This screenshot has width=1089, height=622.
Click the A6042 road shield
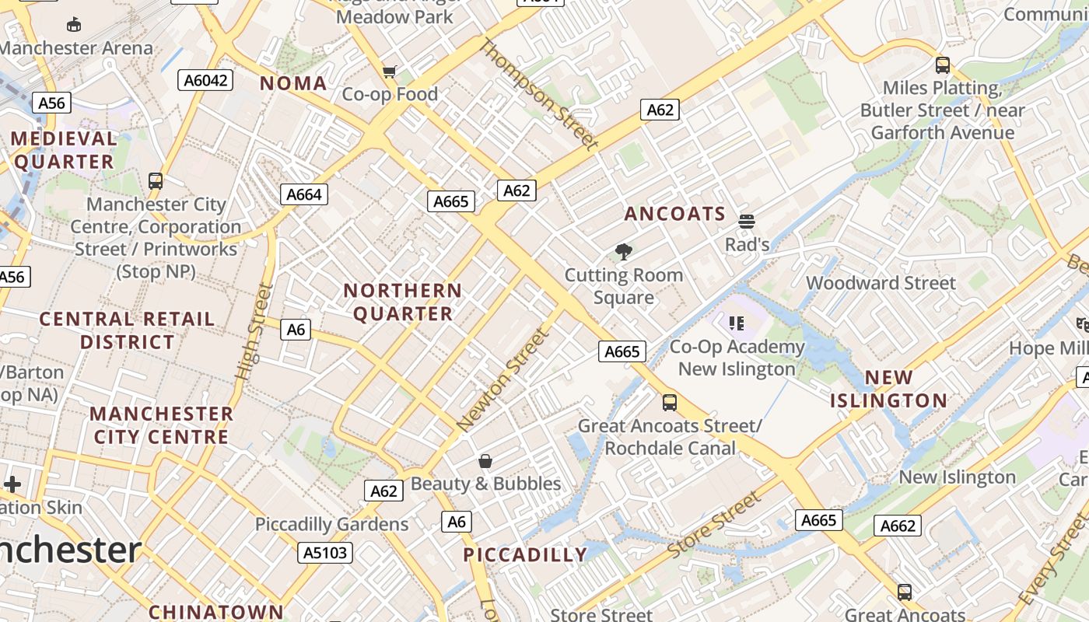click(x=205, y=80)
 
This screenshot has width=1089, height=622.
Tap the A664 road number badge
click(x=303, y=194)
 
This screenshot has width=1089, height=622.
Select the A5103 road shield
click(x=325, y=553)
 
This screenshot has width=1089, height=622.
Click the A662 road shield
click(x=898, y=526)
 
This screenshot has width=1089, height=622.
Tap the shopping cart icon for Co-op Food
click(x=390, y=72)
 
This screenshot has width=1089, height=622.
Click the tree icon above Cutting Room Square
click(x=623, y=252)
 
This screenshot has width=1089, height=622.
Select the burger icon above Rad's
click(x=747, y=222)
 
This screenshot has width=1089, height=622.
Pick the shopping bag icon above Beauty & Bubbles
click(x=485, y=461)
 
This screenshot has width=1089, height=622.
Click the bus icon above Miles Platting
click(x=943, y=65)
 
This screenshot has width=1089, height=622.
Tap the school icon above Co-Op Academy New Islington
click(x=737, y=323)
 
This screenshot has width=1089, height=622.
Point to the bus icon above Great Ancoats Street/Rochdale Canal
click(x=669, y=403)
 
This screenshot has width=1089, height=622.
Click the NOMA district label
click(x=293, y=83)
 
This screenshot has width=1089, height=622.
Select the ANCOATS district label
click(x=674, y=214)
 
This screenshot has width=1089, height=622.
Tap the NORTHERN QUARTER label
click(x=403, y=302)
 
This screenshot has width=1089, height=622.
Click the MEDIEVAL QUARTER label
click(x=64, y=150)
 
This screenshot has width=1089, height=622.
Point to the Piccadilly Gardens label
click(x=331, y=524)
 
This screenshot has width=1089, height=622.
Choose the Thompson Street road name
click(x=539, y=94)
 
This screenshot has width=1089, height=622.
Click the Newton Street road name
click(x=503, y=380)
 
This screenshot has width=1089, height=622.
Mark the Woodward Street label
click(x=881, y=283)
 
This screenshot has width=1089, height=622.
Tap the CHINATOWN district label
click(x=216, y=612)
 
